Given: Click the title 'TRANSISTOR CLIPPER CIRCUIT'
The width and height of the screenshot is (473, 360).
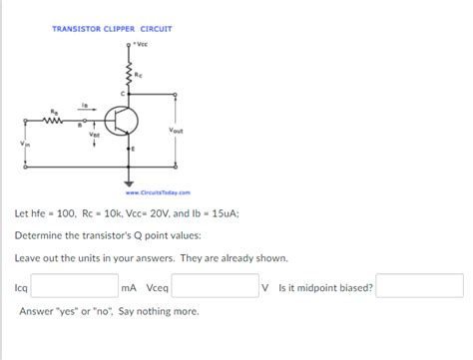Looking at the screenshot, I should point(112,29).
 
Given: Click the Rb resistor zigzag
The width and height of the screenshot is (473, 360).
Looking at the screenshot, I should point(54,123).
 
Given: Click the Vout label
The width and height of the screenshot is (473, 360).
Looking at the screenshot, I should point(176,131).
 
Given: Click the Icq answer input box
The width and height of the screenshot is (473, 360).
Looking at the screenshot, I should point(75,287).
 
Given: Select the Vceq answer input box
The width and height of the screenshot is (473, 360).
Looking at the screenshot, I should point(216,287).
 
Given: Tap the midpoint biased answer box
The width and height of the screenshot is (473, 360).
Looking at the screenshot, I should point(419,287).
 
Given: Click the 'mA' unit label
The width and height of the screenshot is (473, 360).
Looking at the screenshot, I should point(129,288).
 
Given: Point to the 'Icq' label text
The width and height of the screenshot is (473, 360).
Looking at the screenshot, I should point(21,288).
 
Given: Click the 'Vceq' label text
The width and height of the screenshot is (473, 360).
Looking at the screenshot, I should point(158,288).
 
